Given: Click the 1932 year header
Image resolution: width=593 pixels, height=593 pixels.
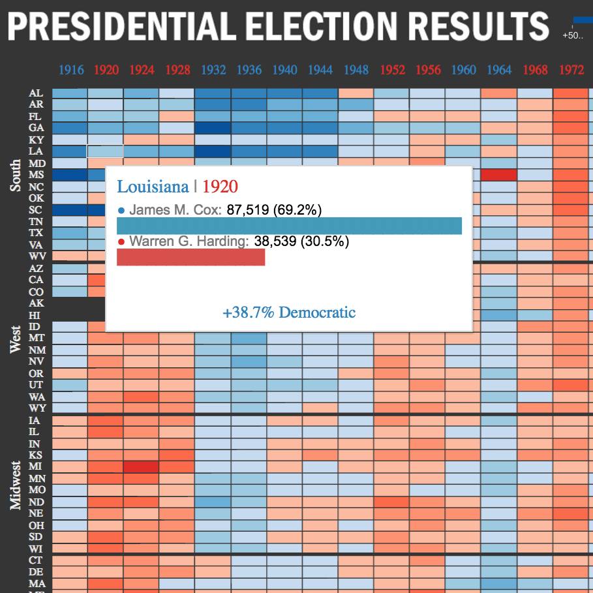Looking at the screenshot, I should pyautogui.click(x=213, y=70).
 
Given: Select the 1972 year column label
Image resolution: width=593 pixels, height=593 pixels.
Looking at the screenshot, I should pyautogui.click(x=570, y=70).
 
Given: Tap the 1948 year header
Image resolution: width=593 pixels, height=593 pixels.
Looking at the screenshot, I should pyautogui.click(x=356, y=70).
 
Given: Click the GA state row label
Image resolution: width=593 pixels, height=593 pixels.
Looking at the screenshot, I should pyautogui.click(x=36, y=128).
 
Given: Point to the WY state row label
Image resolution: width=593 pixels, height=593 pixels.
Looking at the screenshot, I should pyautogui.click(x=37, y=408).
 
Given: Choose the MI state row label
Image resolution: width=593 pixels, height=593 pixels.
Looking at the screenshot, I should pyautogui.click(x=36, y=466).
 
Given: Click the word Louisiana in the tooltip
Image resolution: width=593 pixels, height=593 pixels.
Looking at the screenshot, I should pyautogui.click(x=152, y=187).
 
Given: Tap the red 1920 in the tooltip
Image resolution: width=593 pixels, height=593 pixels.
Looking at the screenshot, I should pyautogui.click(x=220, y=187).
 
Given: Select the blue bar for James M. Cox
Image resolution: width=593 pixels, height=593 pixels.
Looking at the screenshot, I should pyautogui.click(x=289, y=226).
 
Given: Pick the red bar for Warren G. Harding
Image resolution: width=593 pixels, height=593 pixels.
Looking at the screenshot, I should pyautogui.click(x=190, y=257).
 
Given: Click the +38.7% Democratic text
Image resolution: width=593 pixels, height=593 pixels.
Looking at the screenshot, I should pyautogui.click(x=289, y=312).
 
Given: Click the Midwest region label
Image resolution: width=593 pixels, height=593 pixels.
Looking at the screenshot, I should pyautogui.click(x=16, y=484).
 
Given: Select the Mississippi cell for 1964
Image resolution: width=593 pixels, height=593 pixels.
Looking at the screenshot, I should pyautogui.click(x=498, y=175).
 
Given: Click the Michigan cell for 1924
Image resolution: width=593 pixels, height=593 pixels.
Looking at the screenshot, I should pyautogui.click(x=141, y=466).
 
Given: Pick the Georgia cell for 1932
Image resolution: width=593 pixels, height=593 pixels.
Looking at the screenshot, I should pyautogui.click(x=213, y=128).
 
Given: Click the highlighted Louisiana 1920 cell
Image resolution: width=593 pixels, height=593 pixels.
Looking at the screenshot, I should pyautogui.click(x=105, y=151).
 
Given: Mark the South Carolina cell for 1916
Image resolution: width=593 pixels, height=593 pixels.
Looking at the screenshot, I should pyautogui.click(x=70, y=210).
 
